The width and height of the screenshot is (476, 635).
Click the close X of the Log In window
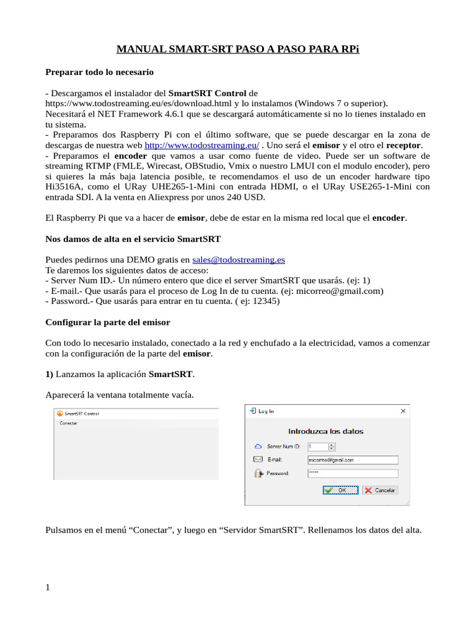(403, 411)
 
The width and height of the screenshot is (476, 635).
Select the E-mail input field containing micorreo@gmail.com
(352, 460)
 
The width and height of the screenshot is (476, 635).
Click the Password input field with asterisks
(352, 473)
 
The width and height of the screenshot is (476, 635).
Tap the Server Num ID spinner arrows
(332, 446)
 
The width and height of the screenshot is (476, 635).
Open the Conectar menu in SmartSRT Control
(68, 423)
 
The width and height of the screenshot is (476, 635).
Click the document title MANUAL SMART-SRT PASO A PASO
(238, 50)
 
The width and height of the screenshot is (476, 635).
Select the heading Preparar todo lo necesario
(100, 73)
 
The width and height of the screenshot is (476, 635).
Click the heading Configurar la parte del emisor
(108, 322)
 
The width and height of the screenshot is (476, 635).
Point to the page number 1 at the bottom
(48, 588)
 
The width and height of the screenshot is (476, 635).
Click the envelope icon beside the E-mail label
(258, 460)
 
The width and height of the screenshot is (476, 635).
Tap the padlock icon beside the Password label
(258, 473)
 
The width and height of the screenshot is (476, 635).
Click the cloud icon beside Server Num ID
(258, 446)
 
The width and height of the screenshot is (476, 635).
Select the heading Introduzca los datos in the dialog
(326, 431)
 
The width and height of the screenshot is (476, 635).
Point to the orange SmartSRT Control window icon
(59, 414)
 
